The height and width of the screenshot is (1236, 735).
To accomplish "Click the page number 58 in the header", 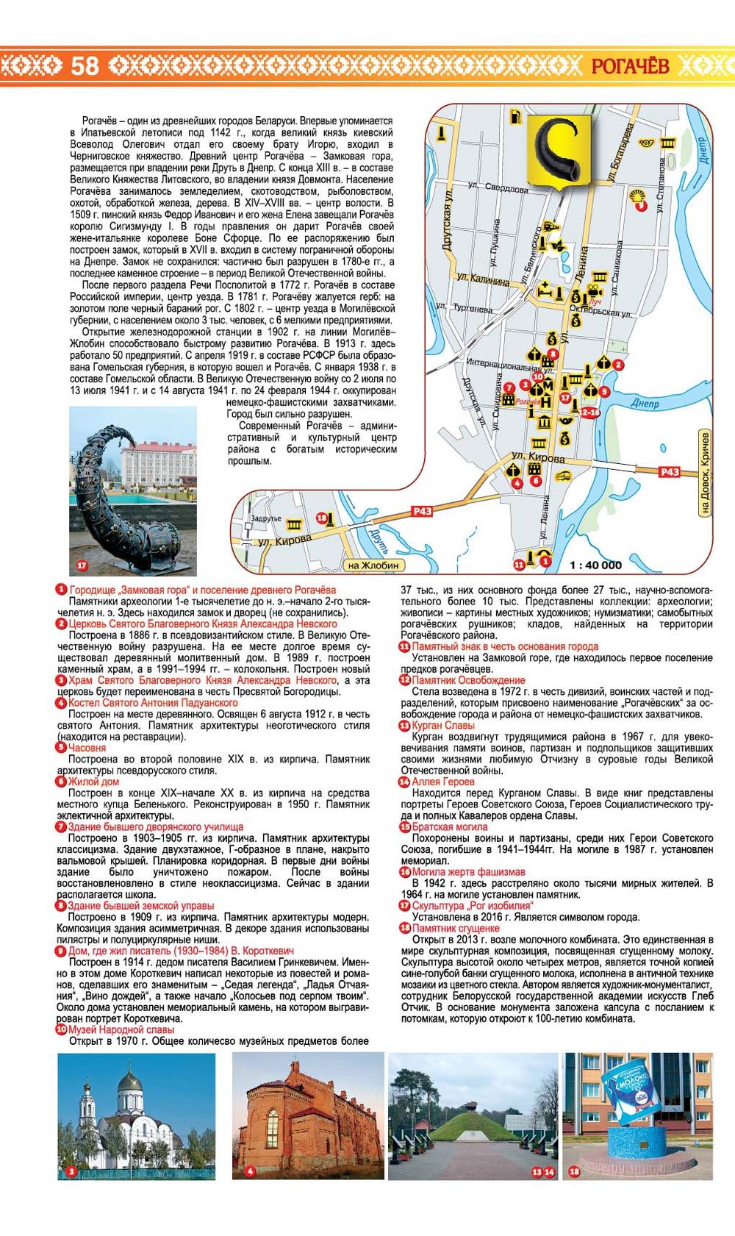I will (85, 66).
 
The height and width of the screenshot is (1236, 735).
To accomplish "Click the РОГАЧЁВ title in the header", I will (630, 66).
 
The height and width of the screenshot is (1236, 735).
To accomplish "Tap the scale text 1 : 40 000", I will (595, 565).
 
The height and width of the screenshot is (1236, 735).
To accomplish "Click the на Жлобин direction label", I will (373, 565).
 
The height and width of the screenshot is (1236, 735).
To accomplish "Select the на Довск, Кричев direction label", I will (706, 474).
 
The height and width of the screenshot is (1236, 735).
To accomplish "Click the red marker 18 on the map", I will (321, 518).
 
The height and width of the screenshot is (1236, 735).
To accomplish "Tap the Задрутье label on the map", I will (265, 518).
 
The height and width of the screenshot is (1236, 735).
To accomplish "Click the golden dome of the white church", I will (129, 1083).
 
